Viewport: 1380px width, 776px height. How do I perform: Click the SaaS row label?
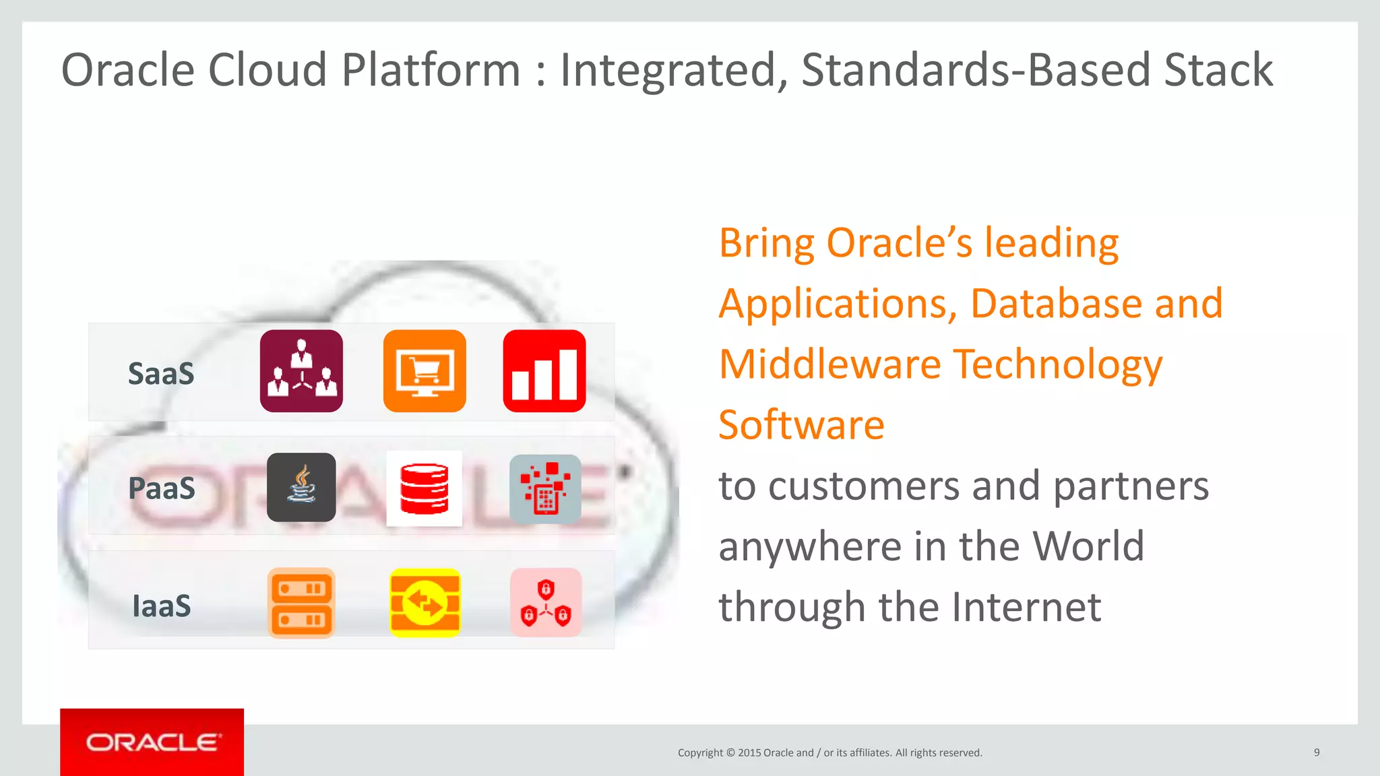[x=161, y=373]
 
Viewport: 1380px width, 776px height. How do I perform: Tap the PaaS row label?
[x=161, y=488]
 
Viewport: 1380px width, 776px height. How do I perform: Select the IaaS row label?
[x=161, y=606]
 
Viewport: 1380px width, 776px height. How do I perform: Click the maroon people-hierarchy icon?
[x=301, y=371]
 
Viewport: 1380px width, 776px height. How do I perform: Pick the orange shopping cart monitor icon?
[x=425, y=371]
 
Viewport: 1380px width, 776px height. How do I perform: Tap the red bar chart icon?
[x=544, y=371]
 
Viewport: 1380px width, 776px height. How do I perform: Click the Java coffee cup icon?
[x=301, y=487]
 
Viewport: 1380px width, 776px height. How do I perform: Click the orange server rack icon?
[x=301, y=603]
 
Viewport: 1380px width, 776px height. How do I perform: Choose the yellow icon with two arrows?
[x=425, y=603]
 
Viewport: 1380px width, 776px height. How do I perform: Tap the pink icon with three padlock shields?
[x=546, y=602]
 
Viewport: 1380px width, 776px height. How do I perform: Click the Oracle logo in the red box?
[x=152, y=742]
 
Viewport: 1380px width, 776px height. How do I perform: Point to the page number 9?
[x=1317, y=752]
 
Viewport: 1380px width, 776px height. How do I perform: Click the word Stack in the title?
[x=1218, y=70]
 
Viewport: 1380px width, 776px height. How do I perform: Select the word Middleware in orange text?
[x=829, y=364]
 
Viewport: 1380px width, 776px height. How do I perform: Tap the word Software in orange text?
[x=801, y=425]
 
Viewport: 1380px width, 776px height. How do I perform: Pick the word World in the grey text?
[x=1088, y=546]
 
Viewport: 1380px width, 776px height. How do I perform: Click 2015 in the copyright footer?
[x=749, y=753]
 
